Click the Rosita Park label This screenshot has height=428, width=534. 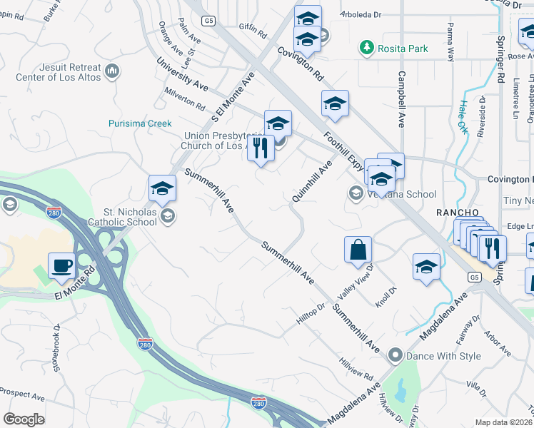pyautogui.click(x=404, y=49)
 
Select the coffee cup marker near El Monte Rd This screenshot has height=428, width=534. pyautogui.click(x=61, y=266)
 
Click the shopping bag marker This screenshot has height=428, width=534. pyautogui.click(x=358, y=250)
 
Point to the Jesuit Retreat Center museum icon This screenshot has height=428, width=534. pyautogui.click(x=112, y=71)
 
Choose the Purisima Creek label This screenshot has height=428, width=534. pyautogui.click(x=140, y=123)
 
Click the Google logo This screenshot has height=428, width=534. pyautogui.click(x=24, y=419)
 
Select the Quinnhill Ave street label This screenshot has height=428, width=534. pyautogui.click(x=313, y=181)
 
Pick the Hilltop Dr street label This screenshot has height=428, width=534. pyautogui.click(x=311, y=315)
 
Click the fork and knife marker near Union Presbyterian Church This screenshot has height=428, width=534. pyautogui.click(x=260, y=148)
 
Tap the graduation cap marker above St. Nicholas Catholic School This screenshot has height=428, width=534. pyautogui.click(x=162, y=189)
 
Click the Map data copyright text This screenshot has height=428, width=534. pyautogui.click(x=504, y=422)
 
